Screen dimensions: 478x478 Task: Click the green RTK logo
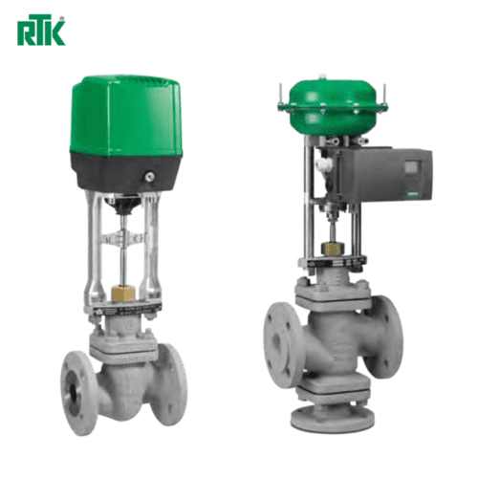[41, 31]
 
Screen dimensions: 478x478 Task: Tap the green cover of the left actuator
[126, 117]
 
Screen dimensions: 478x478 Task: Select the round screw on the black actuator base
[149, 177]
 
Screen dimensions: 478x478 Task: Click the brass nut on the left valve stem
[123, 293]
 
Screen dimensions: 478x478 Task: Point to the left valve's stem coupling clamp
[122, 238]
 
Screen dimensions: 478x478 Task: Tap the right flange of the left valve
[172, 384]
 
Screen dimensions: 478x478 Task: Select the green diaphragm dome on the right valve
[332, 107]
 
